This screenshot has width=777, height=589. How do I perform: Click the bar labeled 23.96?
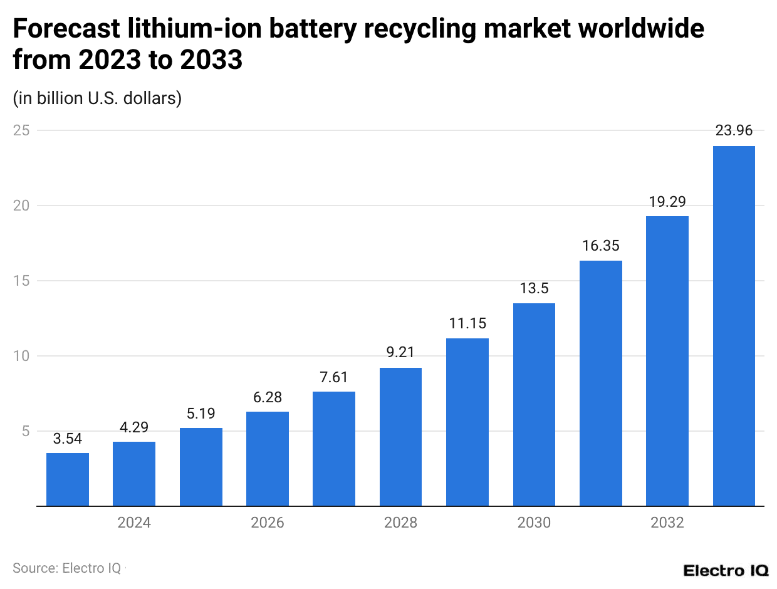734,326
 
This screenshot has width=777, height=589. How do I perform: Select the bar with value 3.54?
68,479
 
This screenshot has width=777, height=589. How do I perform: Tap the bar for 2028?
400,437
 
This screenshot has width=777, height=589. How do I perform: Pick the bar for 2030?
534,405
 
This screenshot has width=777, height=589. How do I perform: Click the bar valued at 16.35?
600,383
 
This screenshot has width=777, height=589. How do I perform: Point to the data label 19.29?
667,202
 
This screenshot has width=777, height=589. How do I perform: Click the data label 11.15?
467,324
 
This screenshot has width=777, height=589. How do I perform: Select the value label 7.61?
334,377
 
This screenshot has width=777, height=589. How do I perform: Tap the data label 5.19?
201,414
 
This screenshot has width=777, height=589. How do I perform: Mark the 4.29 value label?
134,427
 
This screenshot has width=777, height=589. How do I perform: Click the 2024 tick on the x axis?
134,523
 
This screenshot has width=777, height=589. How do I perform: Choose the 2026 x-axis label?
267,523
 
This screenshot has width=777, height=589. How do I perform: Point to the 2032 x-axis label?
667,523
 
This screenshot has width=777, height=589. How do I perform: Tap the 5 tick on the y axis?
25,431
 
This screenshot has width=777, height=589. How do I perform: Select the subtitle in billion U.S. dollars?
97,98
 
